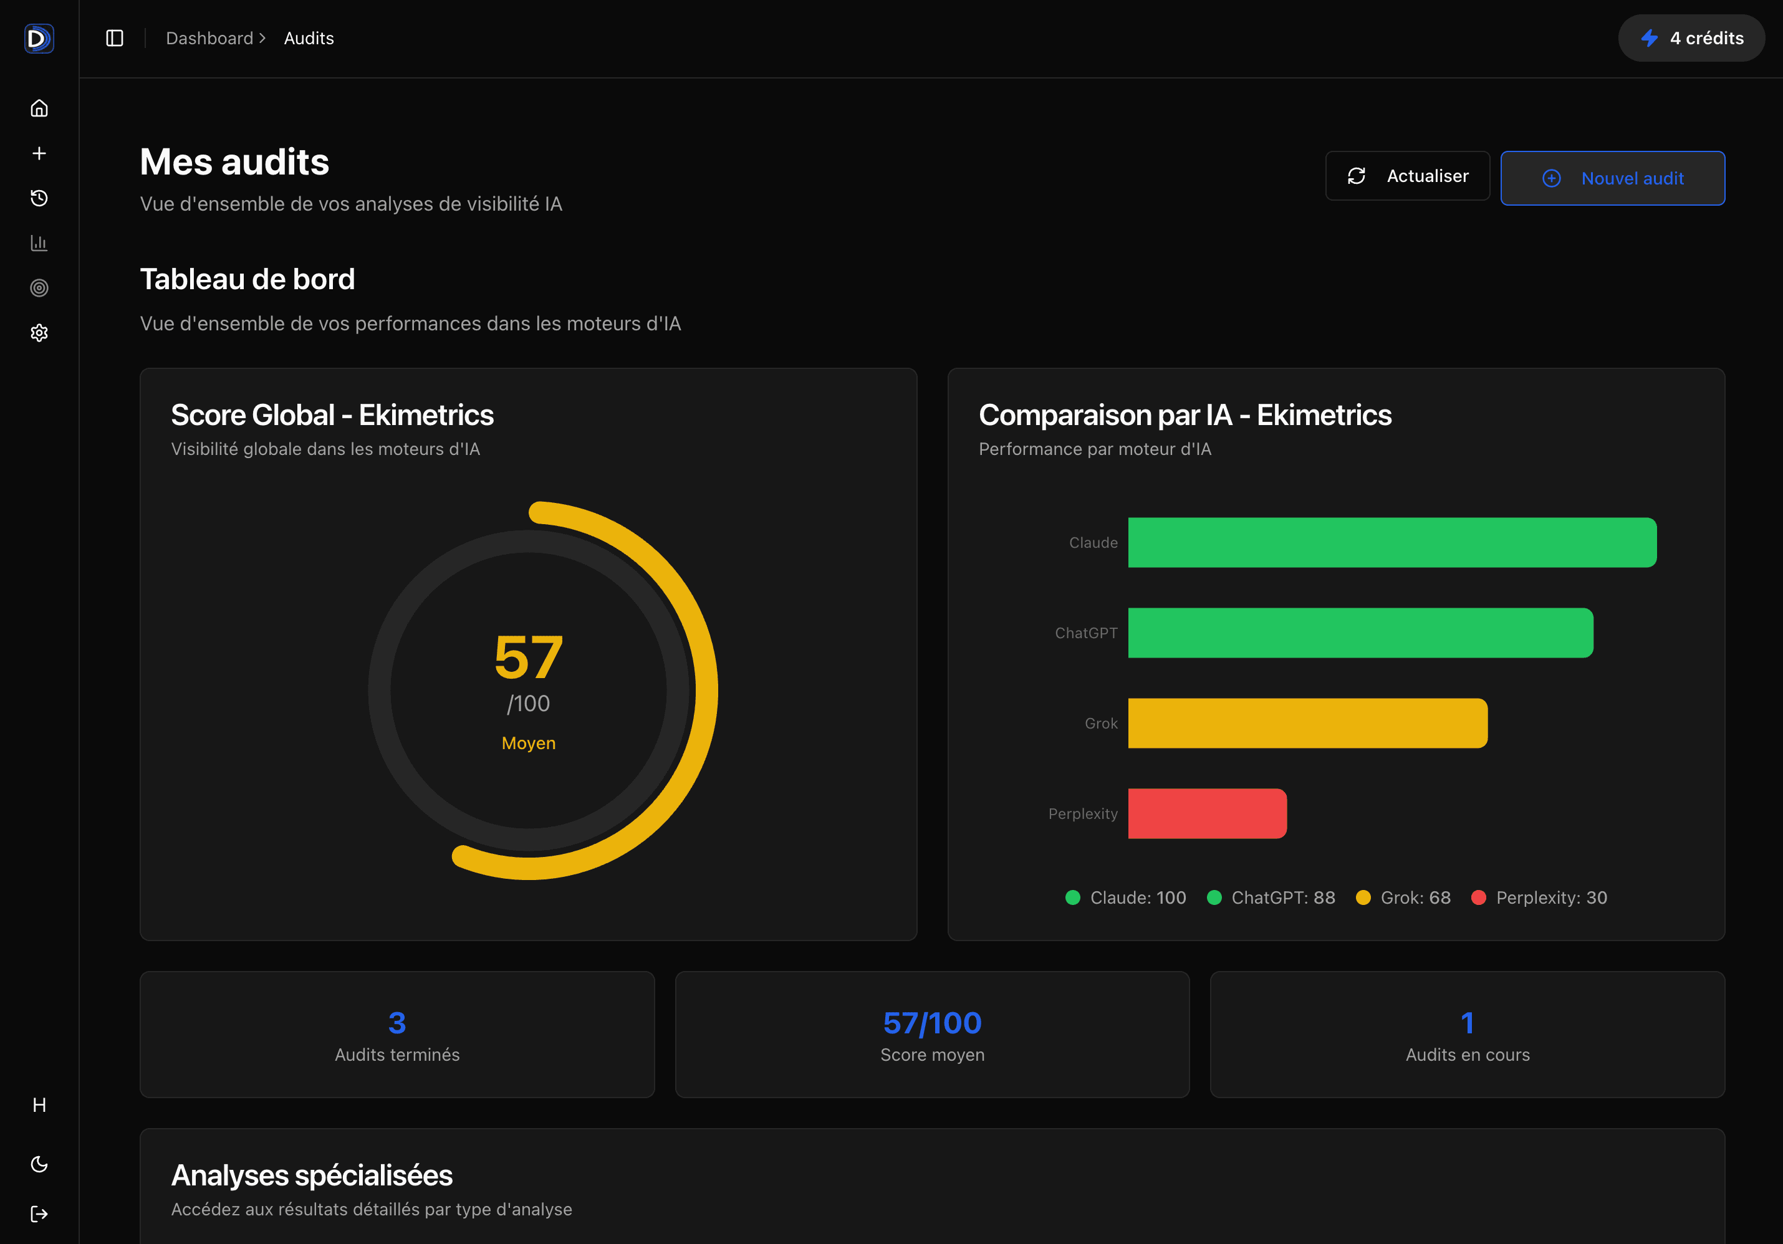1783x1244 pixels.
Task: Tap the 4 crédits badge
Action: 1691,38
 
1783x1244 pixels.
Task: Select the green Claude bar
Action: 1391,543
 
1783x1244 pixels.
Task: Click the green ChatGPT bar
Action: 1360,633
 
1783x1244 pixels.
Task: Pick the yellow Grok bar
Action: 1307,723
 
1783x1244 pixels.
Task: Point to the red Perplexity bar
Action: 1207,813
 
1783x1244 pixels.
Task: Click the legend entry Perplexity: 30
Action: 1539,897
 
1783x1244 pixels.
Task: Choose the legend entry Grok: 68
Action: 1403,897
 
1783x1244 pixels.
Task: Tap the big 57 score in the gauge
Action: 528,658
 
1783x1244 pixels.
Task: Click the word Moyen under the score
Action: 528,743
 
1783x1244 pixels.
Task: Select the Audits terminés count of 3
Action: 397,1023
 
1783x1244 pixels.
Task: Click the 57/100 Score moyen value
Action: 932,1023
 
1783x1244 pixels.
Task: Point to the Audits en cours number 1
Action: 1467,1023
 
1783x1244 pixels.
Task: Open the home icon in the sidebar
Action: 39,108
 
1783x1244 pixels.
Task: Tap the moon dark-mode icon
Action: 39,1164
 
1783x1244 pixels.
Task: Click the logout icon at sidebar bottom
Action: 39,1213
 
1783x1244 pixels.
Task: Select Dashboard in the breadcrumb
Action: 209,38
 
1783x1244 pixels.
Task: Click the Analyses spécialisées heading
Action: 312,1175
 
